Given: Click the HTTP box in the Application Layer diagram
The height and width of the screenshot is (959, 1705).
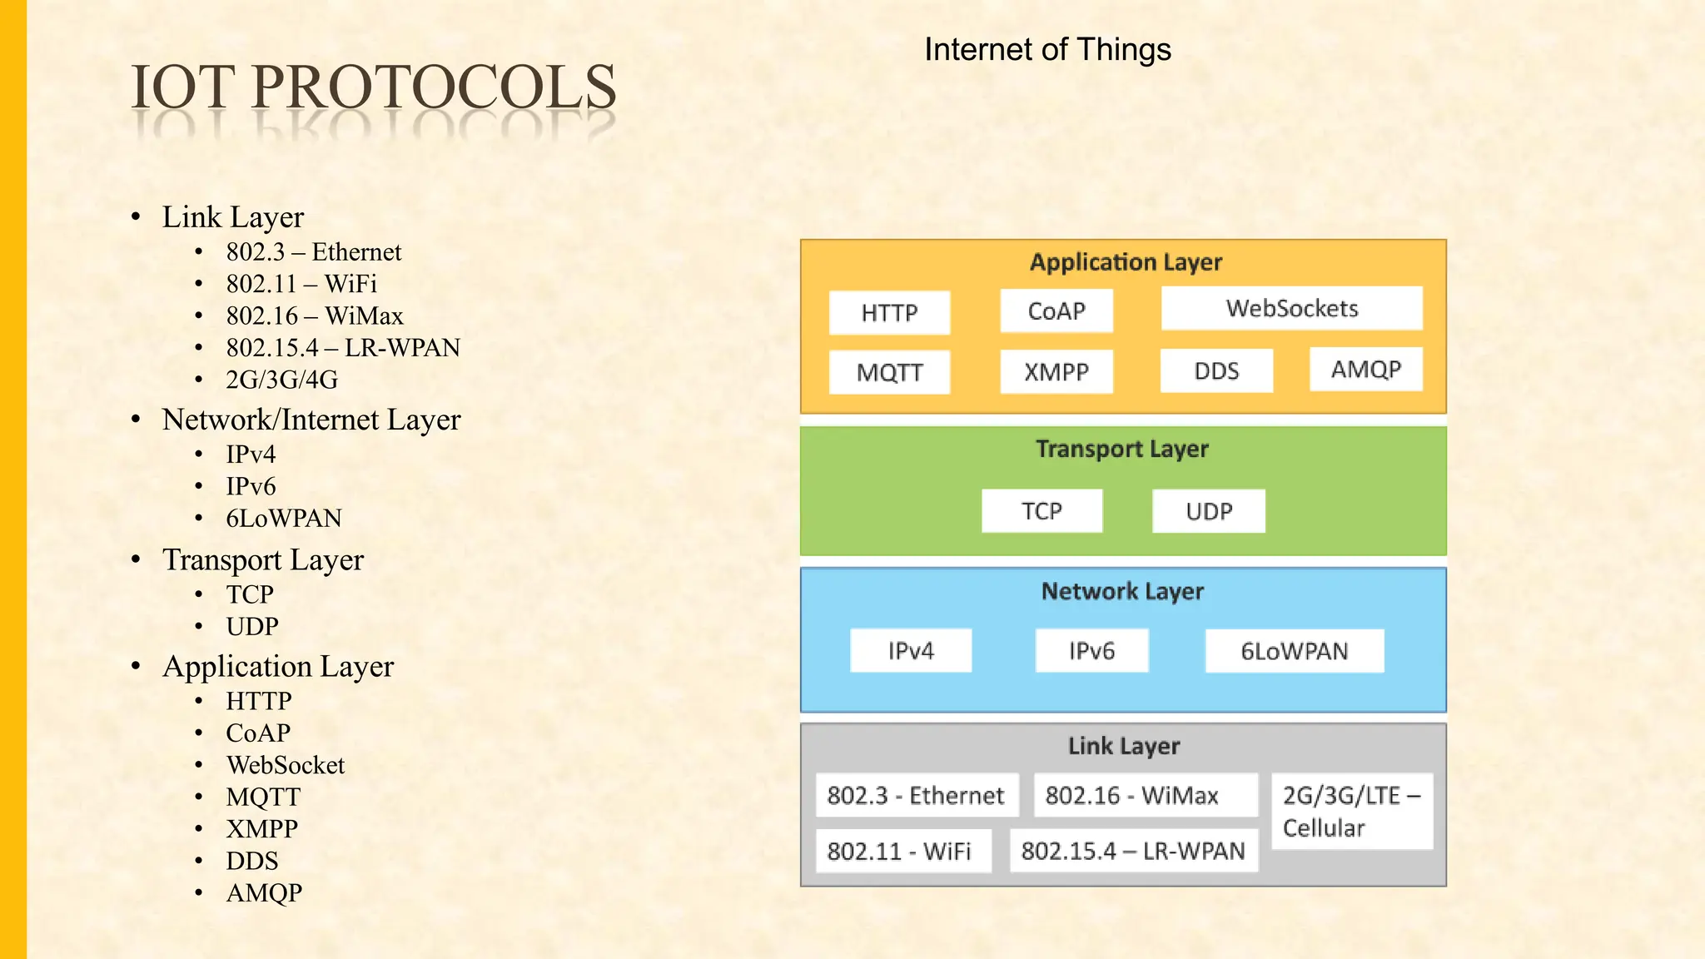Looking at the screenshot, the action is [889, 313].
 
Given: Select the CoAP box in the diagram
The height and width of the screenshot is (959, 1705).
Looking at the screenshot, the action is [1056, 311].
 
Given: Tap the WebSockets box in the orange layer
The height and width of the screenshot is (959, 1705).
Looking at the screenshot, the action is [1291, 309].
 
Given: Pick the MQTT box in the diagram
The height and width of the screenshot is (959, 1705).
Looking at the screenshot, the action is [889, 372].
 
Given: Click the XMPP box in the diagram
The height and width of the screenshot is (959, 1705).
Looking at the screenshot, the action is [1056, 371].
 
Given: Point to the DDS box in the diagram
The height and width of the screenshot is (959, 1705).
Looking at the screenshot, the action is [1216, 371].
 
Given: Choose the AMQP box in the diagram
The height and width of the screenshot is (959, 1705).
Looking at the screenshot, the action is [1365, 370].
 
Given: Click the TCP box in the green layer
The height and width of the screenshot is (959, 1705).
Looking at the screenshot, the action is [1041, 511].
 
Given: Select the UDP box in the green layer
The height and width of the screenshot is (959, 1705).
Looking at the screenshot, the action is [1208, 511].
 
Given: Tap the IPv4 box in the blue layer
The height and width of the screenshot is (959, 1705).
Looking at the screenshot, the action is [911, 650].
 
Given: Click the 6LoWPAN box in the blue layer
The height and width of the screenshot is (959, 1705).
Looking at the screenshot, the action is [1294, 651].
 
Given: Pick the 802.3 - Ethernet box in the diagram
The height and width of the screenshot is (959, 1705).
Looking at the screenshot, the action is [916, 796].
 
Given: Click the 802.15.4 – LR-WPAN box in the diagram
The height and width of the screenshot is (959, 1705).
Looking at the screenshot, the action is [1133, 851].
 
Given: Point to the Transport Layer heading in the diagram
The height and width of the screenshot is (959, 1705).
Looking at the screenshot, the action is [1122, 450].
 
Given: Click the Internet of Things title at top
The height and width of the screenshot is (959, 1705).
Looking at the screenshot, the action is [1047, 50].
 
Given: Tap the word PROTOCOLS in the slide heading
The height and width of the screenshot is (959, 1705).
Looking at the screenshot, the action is [434, 87].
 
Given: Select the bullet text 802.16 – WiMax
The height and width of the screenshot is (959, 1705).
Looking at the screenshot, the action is [315, 316].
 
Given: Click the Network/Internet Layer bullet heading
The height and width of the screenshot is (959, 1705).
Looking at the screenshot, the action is [311, 420].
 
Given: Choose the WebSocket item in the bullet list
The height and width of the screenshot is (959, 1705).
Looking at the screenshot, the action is [286, 765].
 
